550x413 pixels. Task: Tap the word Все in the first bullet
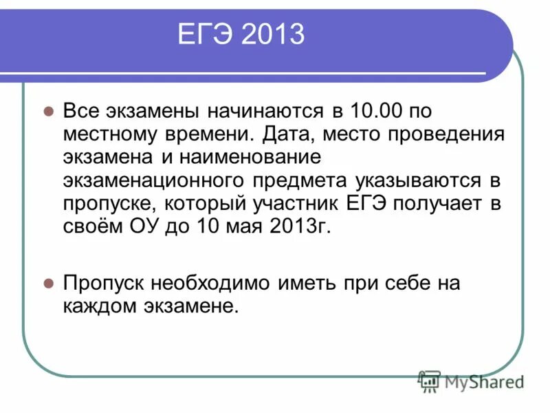(x=80, y=111)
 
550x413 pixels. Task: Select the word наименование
(x=251, y=157)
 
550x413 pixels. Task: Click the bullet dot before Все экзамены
(x=49, y=111)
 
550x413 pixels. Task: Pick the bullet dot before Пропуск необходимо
(x=49, y=282)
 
